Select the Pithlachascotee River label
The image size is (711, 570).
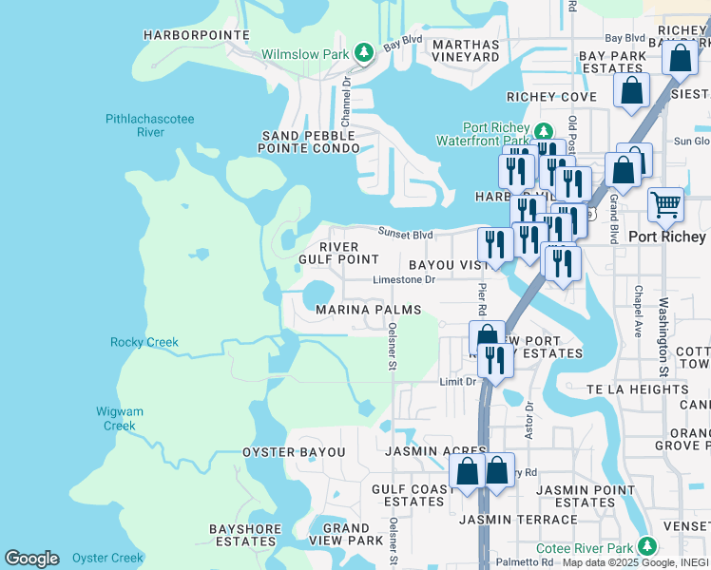(149, 125)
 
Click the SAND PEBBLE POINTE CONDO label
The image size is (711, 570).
(311, 142)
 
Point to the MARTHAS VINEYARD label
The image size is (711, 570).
(466, 50)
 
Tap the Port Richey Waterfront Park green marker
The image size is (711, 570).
(543, 131)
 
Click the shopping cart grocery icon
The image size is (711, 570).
(666, 202)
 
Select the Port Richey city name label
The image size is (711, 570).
(667, 237)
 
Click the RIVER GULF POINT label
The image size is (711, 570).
(339, 254)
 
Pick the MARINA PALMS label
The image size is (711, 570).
(368, 311)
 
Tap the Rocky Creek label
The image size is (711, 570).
(144, 342)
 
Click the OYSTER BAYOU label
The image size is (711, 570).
(294, 452)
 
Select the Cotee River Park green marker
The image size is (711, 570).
(647, 545)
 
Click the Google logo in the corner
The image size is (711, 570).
(32, 559)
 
